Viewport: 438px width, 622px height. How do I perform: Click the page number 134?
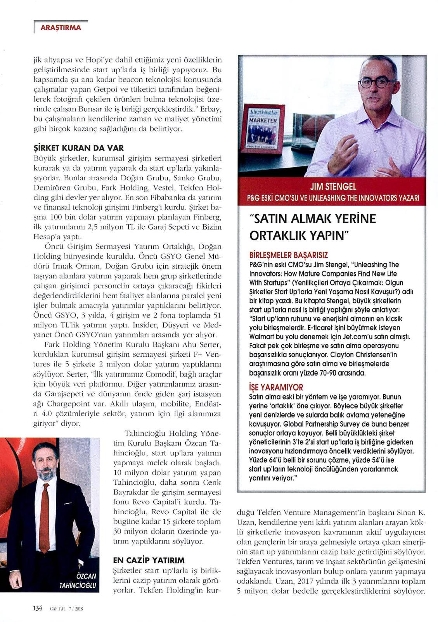[x=37, y=608]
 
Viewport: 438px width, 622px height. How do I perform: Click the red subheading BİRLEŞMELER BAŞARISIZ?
[x=288, y=255]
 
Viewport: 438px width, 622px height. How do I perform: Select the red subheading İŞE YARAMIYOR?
[x=275, y=387]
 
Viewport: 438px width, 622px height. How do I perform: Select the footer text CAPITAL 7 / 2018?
[x=66, y=608]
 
